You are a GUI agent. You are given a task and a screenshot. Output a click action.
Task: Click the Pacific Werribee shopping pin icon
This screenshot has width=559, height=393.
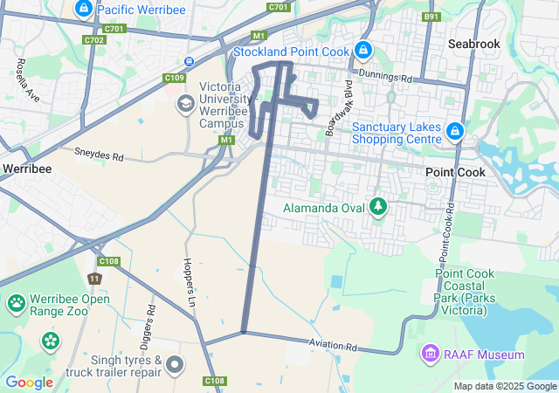[84, 10]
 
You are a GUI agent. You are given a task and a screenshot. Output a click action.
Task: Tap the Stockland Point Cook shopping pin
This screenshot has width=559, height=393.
[363, 51]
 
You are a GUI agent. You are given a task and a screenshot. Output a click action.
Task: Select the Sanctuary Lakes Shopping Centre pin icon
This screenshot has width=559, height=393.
[454, 131]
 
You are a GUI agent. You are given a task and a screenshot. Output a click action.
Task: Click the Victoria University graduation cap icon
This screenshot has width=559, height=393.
[185, 105]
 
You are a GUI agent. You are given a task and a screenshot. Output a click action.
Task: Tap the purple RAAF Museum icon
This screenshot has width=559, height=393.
[430, 355]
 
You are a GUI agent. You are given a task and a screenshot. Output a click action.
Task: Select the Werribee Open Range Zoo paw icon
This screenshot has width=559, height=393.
[17, 304]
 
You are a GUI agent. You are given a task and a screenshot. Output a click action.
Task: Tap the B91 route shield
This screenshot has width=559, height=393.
[431, 16]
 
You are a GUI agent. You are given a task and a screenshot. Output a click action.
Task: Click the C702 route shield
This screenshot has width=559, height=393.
[94, 39]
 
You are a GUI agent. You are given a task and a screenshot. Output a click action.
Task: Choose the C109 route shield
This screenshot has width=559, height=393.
[175, 78]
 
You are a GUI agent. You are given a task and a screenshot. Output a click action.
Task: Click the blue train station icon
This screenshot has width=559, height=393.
[189, 60]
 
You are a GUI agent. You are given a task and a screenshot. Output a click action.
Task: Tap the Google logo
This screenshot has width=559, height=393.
[29, 383]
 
